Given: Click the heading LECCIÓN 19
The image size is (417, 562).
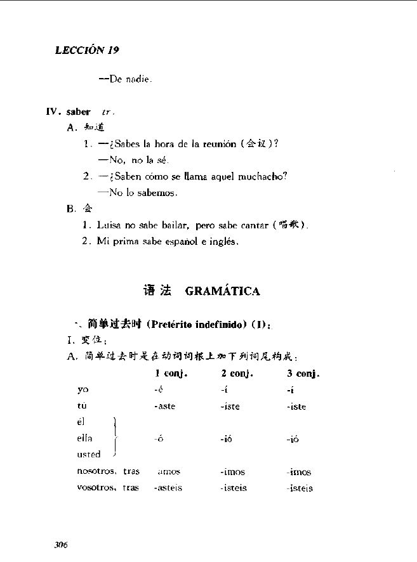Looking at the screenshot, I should pyautogui.click(x=87, y=51).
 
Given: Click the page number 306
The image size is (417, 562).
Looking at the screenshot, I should pyautogui.click(x=61, y=545).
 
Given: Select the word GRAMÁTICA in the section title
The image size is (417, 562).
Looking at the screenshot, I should pyautogui.click(x=223, y=291).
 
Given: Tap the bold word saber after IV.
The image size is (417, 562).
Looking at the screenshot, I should pyautogui.click(x=78, y=112).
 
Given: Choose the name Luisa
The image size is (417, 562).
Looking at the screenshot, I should pyautogui.click(x=110, y=225).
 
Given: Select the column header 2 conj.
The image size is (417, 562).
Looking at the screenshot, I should pyautogui.click(x=237, y=374).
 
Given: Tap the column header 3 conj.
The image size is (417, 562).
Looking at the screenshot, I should pyautogui.click(x=303, y=374).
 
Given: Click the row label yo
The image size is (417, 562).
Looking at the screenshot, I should pyautogui.click(x=83, y=389).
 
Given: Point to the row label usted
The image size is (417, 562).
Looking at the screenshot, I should pyautogui.click(x=89, y=454).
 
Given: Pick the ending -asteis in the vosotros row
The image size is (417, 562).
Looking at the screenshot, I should pyautogui.click(x=168, y=488).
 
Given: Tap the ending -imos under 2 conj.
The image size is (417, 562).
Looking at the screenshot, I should pyautogui.click(x=233, y=472).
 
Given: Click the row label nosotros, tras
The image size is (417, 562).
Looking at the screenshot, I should pyautogui.click(x=108, y=472).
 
